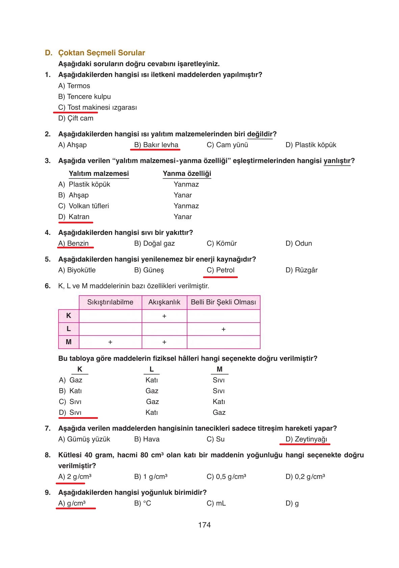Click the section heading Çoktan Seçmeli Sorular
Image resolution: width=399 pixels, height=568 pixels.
(x=101, y=53)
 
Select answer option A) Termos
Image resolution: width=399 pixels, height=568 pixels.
(x=74, y=86)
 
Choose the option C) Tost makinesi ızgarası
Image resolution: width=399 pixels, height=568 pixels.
(x=97, y=107)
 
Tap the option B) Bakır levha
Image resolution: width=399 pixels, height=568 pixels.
(x=156, y=145)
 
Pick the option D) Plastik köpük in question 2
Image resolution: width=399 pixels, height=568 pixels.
(x=310, y=145)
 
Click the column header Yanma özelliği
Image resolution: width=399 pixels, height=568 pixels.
(x=187, y=173)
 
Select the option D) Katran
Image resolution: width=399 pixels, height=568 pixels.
(x=74, y=217)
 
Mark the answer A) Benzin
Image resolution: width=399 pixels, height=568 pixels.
(x=73, y=243)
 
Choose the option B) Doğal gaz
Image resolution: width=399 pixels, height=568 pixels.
(x=154, y=243)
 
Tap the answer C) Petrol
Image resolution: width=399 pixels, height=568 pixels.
(x=220, y=270)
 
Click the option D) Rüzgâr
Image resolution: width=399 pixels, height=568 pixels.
(x=301, y=270)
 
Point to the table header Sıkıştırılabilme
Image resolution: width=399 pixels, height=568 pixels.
(x=110, y=302)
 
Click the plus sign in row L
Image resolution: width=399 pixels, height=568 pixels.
(x=223, y=329)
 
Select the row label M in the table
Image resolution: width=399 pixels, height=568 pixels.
(x=69, y=342)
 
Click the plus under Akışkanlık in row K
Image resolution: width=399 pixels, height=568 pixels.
(x=164, y=316)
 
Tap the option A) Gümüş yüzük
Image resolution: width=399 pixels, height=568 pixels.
(x=84, y=439)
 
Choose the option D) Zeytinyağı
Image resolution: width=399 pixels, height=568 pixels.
(x=306, y=439)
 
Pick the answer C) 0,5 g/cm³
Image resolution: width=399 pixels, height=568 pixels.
(x=226, y=477)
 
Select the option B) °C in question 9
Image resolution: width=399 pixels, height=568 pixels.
(x=143, y=503)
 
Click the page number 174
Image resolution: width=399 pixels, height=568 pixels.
(x=204, y=525)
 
